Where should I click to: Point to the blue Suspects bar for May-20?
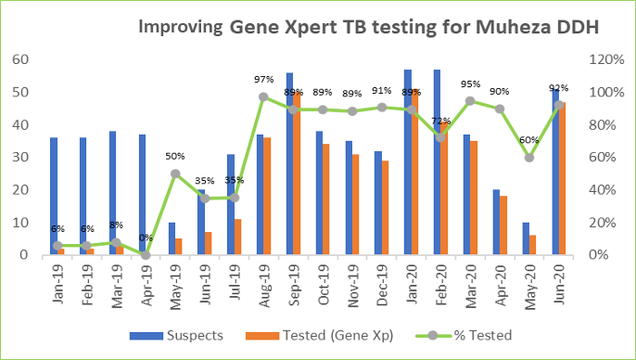[x=526, y=238]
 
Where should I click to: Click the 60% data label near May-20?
[x=528, y=141]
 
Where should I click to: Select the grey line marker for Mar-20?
[x=470, y=101]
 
